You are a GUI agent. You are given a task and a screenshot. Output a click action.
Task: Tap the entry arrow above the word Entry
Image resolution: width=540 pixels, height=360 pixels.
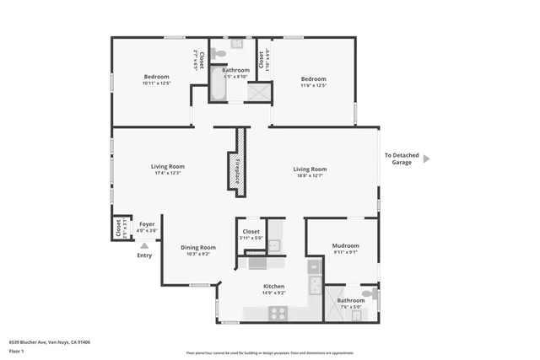coord(144,244)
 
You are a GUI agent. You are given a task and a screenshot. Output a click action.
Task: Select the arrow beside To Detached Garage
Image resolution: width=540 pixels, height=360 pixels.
coord(426,158)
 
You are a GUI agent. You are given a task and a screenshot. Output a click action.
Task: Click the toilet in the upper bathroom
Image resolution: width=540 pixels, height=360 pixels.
coord(218,53)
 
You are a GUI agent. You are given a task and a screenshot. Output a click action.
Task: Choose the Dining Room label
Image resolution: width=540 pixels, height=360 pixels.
coord(198,247)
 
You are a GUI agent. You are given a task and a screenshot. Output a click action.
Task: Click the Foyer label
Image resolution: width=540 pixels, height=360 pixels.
coord(147,224)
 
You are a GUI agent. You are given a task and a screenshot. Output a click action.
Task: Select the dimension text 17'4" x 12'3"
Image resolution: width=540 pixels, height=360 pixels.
coord(168,173)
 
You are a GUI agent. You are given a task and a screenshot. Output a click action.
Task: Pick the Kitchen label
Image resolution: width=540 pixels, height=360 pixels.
coord(274,287)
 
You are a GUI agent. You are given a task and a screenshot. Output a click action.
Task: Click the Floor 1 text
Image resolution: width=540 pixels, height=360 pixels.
coord(18,351)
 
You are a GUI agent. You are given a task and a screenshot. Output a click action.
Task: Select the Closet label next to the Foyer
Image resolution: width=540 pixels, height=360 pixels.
coord(117,228)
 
